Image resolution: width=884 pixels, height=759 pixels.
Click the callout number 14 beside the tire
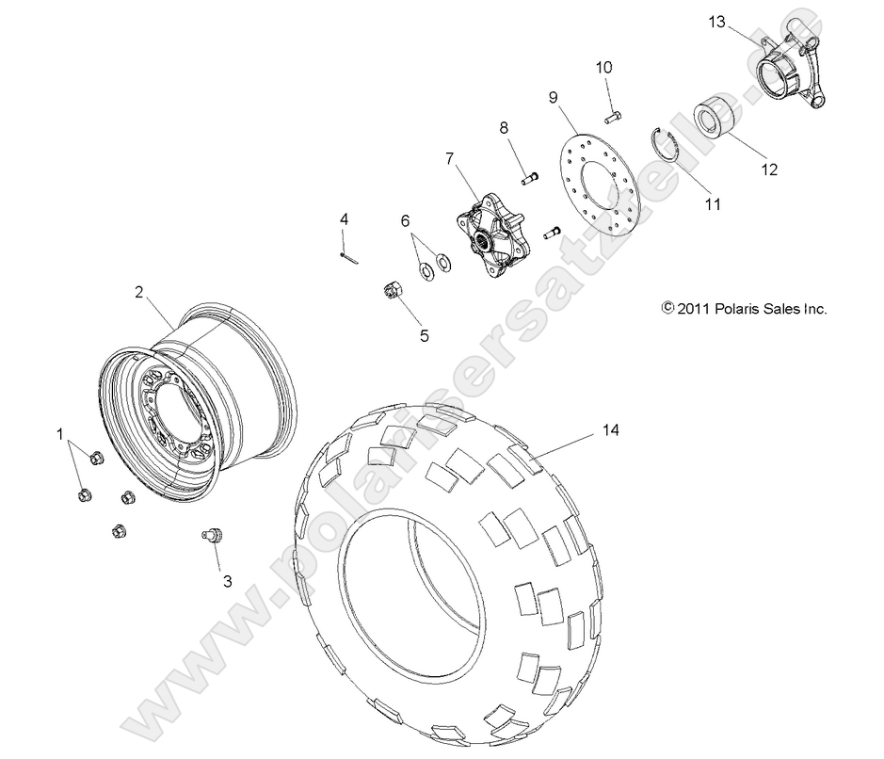coord(612,430)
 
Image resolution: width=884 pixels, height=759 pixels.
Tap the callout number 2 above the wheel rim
coord(138,292)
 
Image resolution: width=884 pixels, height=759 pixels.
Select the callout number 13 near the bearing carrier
coord(717,22)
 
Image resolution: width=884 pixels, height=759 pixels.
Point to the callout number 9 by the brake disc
coord(553,97)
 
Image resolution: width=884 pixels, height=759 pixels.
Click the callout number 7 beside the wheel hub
coord(450,158)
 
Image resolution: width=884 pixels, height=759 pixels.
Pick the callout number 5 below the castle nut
coord(424,335)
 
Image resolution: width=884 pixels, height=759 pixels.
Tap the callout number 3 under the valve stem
coord(226,581)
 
